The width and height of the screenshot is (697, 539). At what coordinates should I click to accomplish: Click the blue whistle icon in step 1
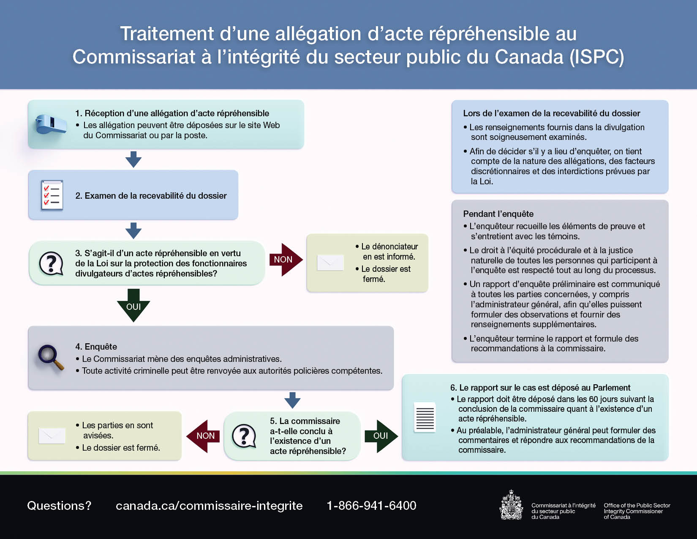[51, 124]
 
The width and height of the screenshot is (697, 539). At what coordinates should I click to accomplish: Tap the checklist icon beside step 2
[52, 195]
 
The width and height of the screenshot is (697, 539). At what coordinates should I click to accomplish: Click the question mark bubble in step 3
[51, 263]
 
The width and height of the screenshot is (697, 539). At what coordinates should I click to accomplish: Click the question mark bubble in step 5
[244, 436]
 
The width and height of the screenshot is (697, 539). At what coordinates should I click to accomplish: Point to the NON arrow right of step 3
[285, 260]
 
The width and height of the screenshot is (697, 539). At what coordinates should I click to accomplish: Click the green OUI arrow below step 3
[133, 306]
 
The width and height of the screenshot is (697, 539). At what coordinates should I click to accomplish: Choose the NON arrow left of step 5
[204, 436]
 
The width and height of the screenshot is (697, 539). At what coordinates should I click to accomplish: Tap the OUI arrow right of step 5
[382, 436]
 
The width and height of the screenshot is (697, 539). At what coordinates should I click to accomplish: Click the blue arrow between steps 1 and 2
[133, 159]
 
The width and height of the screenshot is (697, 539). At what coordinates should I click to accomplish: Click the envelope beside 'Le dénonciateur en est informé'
[330, 263]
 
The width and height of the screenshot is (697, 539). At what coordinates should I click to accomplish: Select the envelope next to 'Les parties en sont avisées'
[52, 435]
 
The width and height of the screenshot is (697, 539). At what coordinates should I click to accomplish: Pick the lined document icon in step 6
[425, 417]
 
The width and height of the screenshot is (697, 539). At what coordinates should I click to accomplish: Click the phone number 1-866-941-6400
[371, 506]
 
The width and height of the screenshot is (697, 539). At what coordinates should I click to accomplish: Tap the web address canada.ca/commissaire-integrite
[209, 506]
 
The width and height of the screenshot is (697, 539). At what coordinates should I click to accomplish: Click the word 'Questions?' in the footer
[59, 506]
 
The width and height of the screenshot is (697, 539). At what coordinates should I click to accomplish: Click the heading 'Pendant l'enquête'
[498, 214]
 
